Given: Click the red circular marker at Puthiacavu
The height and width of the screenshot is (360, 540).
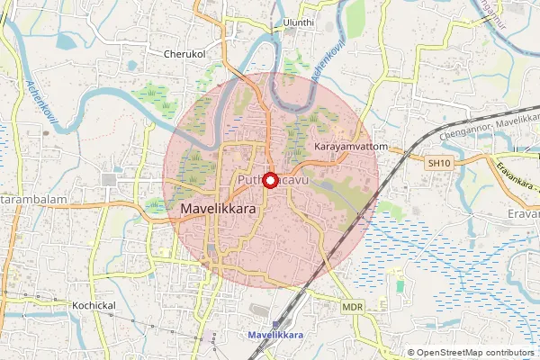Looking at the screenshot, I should (x=270, y=180).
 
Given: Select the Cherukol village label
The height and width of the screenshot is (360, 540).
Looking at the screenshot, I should (x=185, y=54).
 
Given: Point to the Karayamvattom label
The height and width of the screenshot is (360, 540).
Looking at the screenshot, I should (x=350, y=146).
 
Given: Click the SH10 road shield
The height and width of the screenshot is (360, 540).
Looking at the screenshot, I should (x=438, y=163).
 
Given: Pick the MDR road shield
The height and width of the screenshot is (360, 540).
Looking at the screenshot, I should (x=351, y=307).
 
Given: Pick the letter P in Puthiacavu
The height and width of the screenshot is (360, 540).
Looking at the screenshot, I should (x=241, y=182).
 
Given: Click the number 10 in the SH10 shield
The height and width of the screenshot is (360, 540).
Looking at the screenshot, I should (x=443, y=163).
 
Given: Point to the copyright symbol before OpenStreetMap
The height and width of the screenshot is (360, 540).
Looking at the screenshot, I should (x=411, y=353).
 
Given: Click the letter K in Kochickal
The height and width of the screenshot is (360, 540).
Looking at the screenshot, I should (x=76, y=306).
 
